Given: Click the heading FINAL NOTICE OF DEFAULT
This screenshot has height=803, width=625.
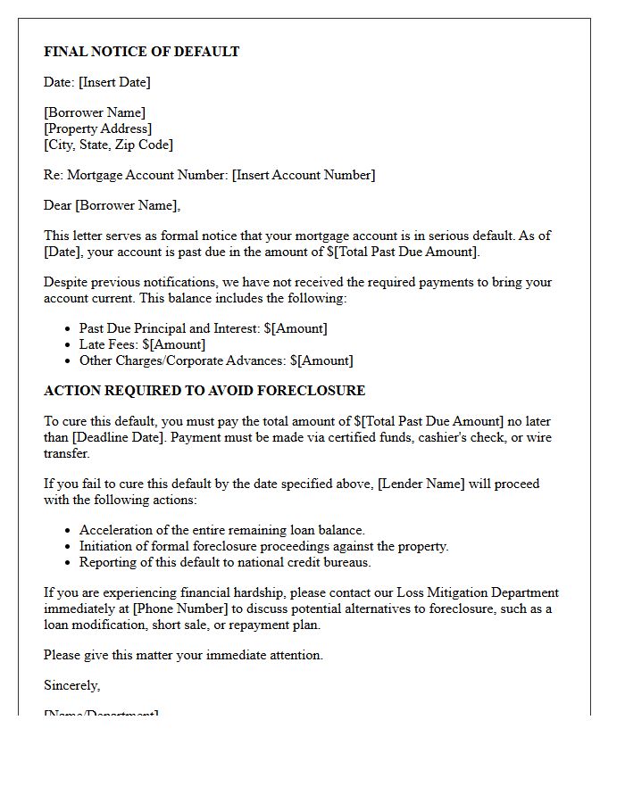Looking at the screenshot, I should click(x=141, y=52).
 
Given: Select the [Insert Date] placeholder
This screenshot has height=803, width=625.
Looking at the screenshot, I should click(x=114, y=82).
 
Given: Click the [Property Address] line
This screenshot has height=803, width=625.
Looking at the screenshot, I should click(x=97, y=128).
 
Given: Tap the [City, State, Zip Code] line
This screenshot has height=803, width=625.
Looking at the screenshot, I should click(x=108, y=145).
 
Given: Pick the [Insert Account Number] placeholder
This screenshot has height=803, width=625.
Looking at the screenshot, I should click(x=304, y=175).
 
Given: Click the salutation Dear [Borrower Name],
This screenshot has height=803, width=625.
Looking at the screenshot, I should click(x=112, y=205).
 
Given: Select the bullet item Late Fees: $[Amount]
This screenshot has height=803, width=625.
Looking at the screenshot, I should click(x=142, y=344).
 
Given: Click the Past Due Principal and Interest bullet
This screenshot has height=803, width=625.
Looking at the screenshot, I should click(x=203, y=328).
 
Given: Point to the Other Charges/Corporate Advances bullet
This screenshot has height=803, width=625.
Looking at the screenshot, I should click(x=216, y=360).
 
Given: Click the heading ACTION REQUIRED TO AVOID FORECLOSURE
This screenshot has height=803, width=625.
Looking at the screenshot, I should click(x=204, y=391).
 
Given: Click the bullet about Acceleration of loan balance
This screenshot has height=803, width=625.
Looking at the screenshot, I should click(x=221, y=530).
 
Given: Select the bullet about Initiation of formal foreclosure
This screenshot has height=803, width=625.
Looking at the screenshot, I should click(x=263, y=546).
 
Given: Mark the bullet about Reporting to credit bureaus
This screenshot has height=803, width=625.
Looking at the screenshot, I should click(x=225, y=562).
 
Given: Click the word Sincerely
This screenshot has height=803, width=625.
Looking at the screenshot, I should click(x=71, y=685).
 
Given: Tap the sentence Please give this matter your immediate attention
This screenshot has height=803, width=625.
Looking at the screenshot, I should click(x=183, y=655).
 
